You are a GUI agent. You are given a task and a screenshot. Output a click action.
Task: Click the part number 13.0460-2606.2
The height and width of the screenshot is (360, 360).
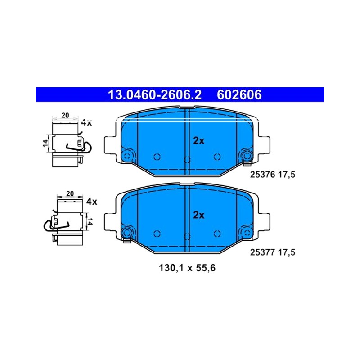pos(154,95)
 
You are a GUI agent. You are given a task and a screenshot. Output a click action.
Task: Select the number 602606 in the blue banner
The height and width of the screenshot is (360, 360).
pos(239,95)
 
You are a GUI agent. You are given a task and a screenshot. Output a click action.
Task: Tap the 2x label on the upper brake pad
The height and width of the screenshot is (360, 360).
pos(198,141)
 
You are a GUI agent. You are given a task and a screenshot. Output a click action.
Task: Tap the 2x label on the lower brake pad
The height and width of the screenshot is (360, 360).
pos(198,215)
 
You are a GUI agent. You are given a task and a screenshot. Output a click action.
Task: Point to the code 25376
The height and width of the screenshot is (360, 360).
pos(262,175)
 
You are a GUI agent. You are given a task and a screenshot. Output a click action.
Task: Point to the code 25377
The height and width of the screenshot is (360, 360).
pos(262,252)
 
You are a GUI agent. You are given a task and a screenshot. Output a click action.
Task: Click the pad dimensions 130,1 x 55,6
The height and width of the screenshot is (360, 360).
pos(187,268)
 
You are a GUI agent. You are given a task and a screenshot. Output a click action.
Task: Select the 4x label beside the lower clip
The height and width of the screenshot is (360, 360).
pos(92,202)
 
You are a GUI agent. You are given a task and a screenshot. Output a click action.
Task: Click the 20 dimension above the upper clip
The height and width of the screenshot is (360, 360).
pos(65,115)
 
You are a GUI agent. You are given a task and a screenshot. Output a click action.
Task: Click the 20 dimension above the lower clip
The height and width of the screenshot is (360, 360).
pos(70,193)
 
